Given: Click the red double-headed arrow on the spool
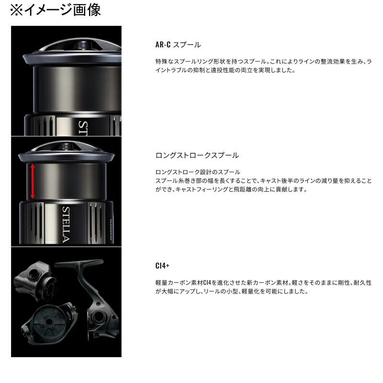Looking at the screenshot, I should [33, 181].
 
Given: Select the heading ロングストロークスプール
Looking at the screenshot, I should [197, 156].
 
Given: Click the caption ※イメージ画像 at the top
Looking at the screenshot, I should [56, 11].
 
